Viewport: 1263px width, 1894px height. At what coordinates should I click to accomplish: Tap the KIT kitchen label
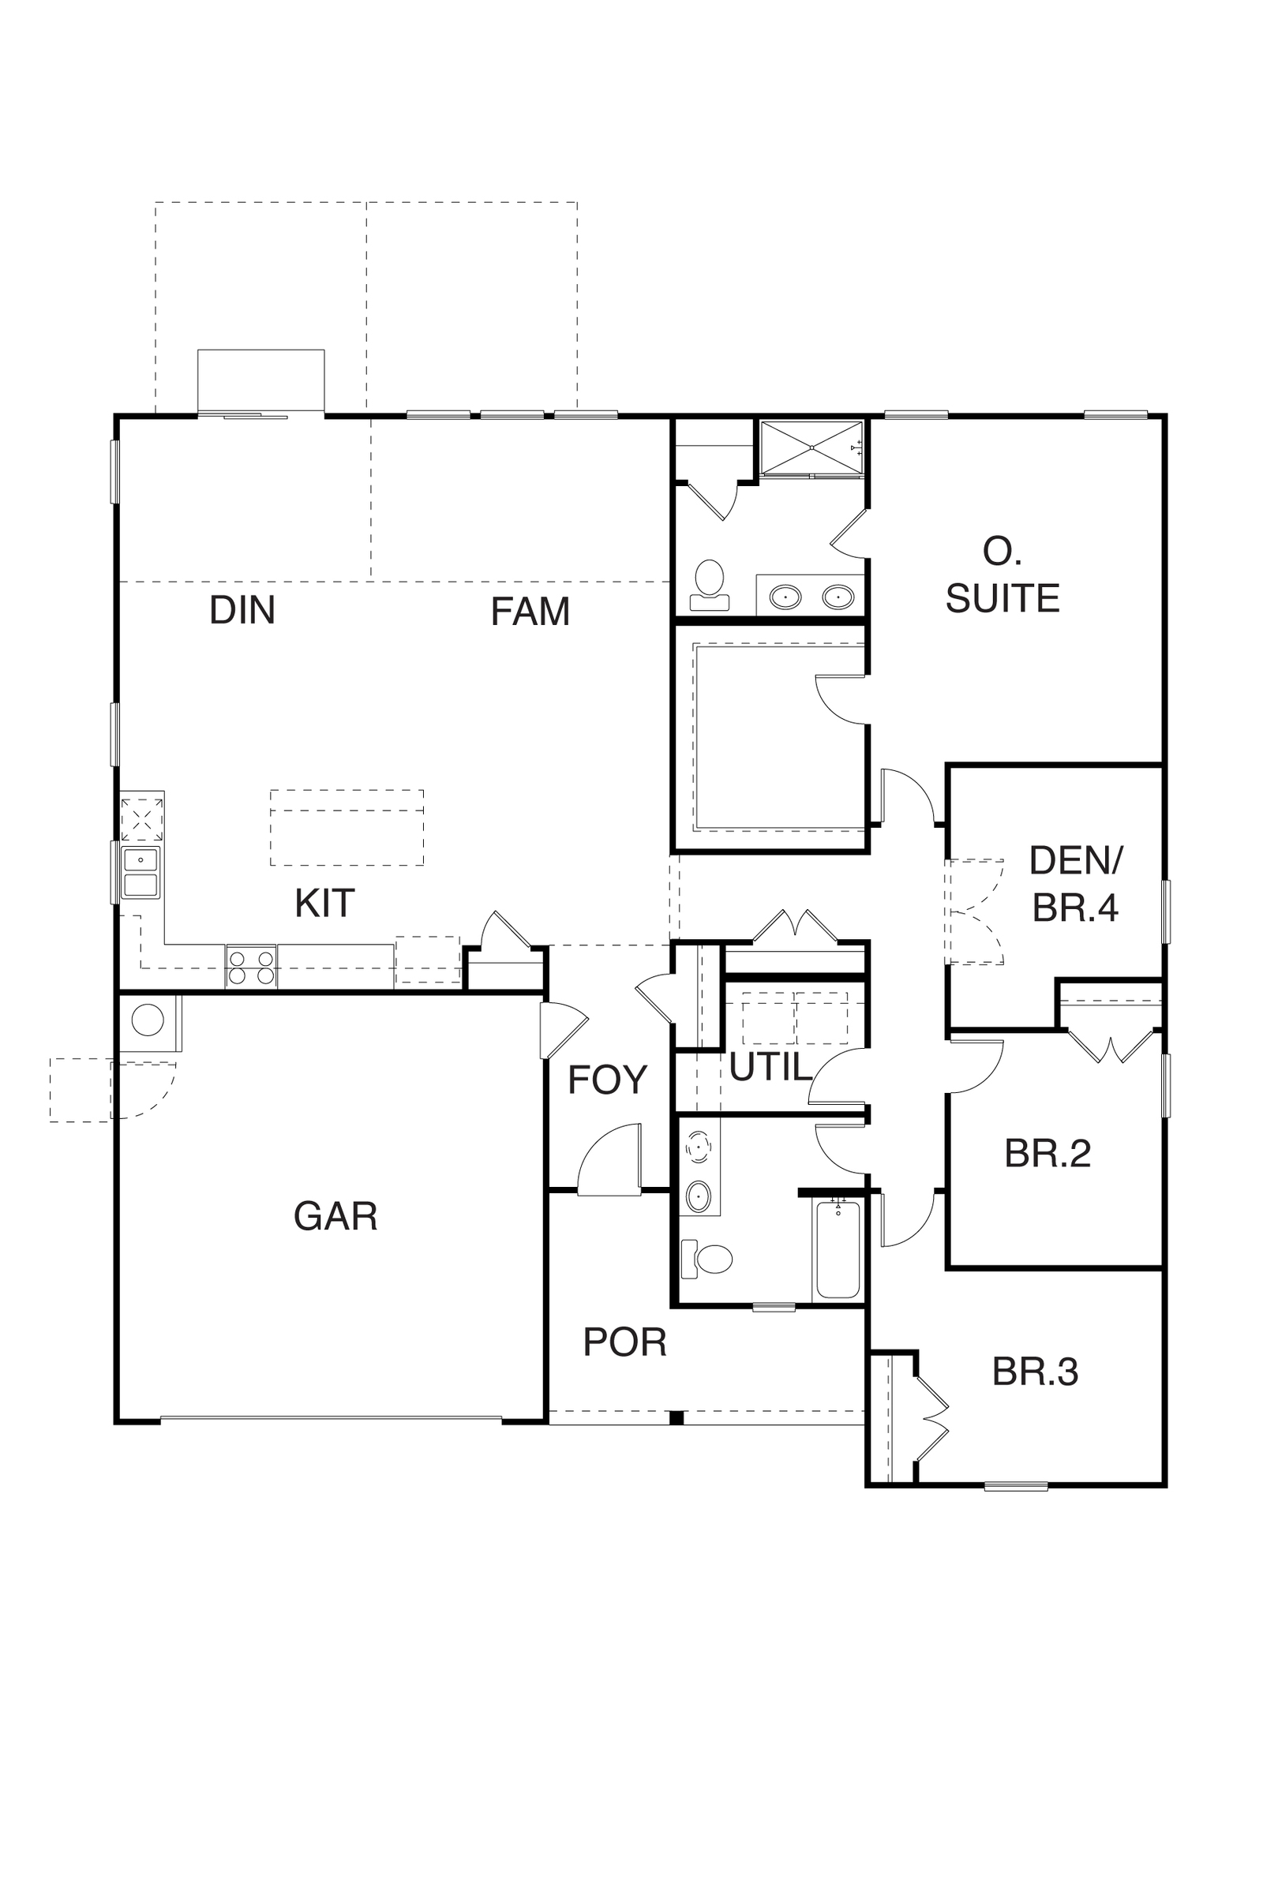tap(324, 904)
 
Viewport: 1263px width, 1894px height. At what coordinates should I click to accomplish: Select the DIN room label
tap(242, 610)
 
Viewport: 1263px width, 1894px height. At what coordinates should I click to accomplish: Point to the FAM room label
tap(530, 612)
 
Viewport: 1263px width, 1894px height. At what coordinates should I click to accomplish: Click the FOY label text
tap(607, 1080)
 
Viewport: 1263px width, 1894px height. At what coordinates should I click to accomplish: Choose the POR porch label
tap(625, 1342)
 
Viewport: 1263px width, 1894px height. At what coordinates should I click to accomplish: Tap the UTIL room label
tap(770, 1068)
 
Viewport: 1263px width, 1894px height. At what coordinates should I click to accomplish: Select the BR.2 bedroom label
tap(1048, 1154)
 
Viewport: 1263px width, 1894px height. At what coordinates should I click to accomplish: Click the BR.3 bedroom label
tap(1035, 1372)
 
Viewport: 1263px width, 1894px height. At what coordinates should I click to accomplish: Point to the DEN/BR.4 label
tap(1075, 884)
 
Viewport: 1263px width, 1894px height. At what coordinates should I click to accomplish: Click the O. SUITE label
tap(1002, 575)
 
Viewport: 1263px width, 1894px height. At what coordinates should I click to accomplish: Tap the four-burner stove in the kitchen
tap(251, 966)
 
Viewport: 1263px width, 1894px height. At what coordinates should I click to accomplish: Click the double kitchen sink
tap(141, 872)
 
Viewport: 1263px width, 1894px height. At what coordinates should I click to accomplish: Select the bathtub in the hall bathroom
tap(838, 1251)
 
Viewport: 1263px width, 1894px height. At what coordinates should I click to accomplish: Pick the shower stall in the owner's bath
tap(812, 447)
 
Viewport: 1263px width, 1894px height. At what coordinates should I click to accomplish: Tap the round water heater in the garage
tap(148, 1020)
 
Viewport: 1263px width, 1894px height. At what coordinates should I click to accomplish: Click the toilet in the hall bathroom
tap(706, 1260)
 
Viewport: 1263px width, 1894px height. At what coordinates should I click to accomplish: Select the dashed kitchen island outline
tap(347, 828)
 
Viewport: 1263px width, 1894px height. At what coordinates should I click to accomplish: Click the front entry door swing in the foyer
tap(609, 1159)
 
